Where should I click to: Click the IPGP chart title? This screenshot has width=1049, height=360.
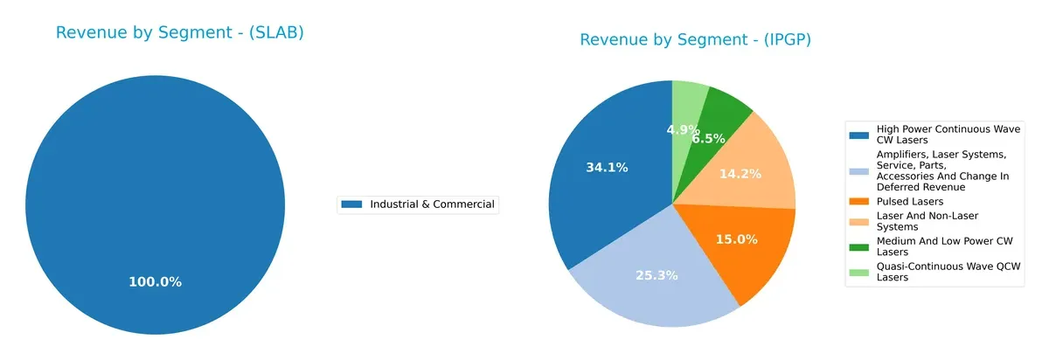coord(695,40)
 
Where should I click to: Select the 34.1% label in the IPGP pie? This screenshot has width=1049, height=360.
coord(606,167)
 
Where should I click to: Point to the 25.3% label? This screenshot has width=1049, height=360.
coord(656,276)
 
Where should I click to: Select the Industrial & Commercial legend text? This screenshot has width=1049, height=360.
coord(432,204)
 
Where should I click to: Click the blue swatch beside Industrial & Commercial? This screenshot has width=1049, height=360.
coord(351,204)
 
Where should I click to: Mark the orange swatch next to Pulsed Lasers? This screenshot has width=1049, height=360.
coord(859,201)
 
